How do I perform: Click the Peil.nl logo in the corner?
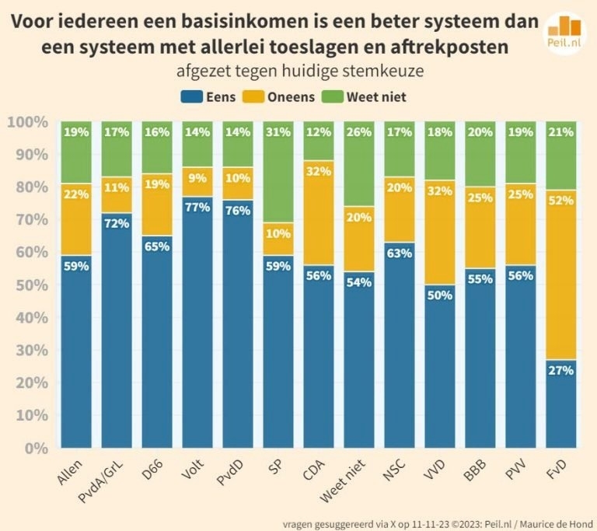click(x=565, y=33)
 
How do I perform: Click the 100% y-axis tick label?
click(x=28, y=122)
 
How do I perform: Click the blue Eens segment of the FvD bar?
click(x=560, y=404)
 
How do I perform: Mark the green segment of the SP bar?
click(x=278, y=172)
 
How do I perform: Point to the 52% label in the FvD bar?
click(x=560, y=201)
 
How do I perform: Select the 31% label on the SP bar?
click(x=278, y=132)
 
